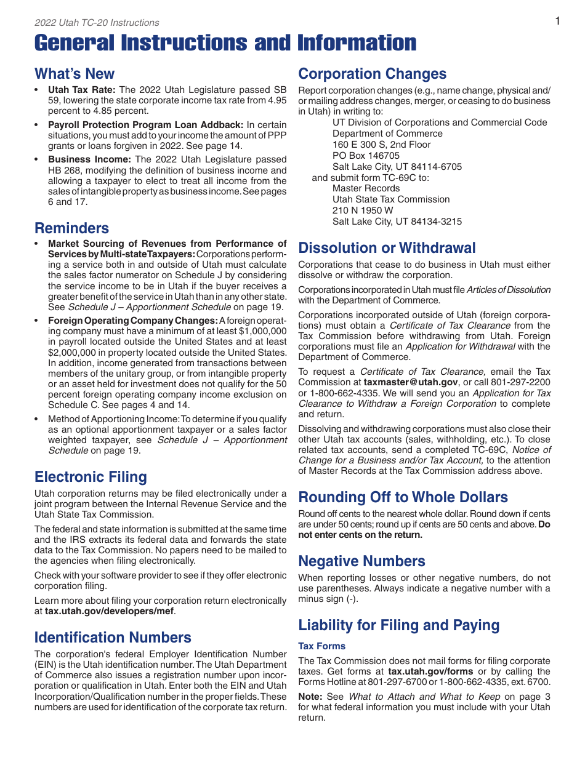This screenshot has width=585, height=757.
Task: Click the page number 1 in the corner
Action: pos(557,22)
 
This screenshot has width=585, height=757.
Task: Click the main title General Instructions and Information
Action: pos(225,43)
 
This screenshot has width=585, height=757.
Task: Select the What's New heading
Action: pos(75,74)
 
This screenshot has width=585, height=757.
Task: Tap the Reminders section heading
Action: pos(71,228)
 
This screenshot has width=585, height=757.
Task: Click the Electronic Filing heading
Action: pos(91,477)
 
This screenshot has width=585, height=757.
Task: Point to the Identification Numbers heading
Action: pos(113,638)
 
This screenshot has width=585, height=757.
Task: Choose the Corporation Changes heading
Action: pos(373,74)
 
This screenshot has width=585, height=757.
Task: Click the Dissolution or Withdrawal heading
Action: pos(387,248)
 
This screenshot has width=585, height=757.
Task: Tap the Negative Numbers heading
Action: pos(361,561)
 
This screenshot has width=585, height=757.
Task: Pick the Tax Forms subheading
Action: pos(321,646)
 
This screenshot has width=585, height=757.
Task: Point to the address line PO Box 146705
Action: pos(366,156)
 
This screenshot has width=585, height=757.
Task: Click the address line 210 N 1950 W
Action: pos(363,210)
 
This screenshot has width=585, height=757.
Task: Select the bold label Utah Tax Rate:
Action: pos(82,89)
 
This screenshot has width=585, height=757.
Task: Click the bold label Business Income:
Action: pos(89,159)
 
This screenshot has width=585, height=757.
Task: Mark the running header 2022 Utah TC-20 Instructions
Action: pos(97,23)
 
